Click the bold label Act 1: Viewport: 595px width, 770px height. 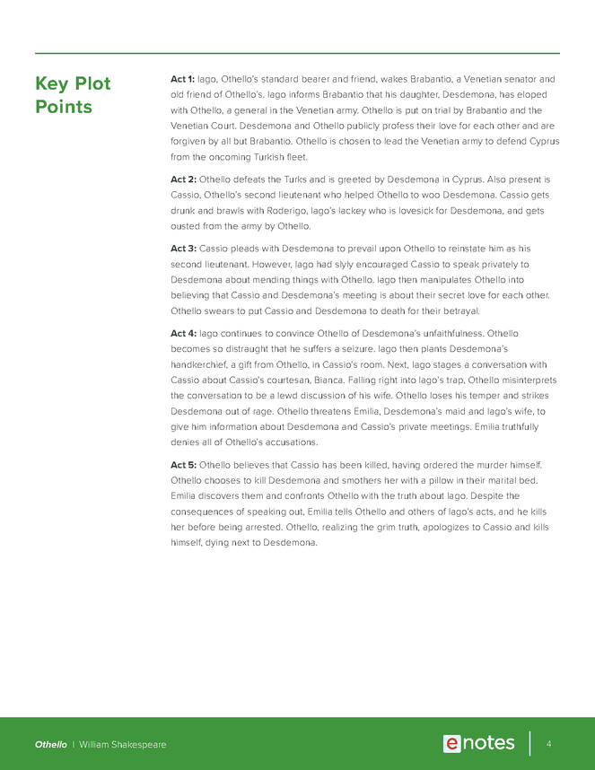tap(182, 79)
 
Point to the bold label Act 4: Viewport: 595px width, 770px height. tap(183, 333)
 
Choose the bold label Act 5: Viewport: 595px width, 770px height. tap(183, 464)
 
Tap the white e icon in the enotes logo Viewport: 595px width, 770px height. tap(451, 743)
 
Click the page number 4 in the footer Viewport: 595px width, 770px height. tap(548, 744)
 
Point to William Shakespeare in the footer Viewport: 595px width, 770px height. tap(122, 745)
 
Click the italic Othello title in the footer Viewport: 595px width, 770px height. tap(50, 745)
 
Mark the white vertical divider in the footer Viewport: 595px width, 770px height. tap(529, 744)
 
